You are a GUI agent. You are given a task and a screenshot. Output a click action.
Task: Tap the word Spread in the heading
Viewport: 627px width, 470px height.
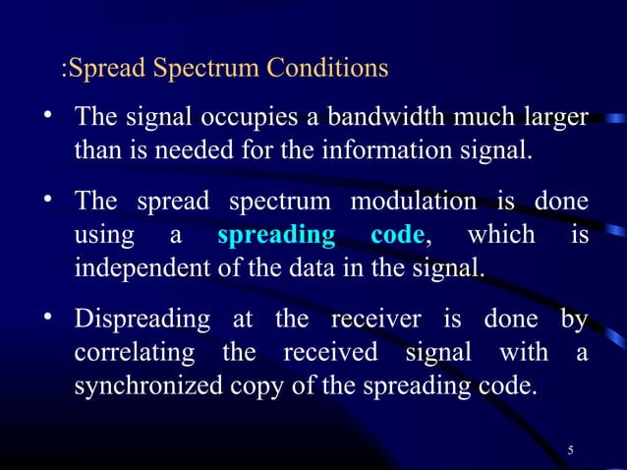[x=105, y=70]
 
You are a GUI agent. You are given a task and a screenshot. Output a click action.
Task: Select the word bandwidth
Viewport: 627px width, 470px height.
[x=382, y=120]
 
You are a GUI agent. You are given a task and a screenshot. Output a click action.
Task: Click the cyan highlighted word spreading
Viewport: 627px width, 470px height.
[x=274, y=236]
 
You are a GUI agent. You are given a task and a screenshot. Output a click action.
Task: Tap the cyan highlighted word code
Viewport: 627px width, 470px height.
[x=398, y=236]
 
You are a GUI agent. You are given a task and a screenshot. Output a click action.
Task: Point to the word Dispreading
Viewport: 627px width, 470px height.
[x=142, y=320]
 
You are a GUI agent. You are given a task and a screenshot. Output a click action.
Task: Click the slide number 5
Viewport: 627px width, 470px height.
[x=571, y=450]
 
